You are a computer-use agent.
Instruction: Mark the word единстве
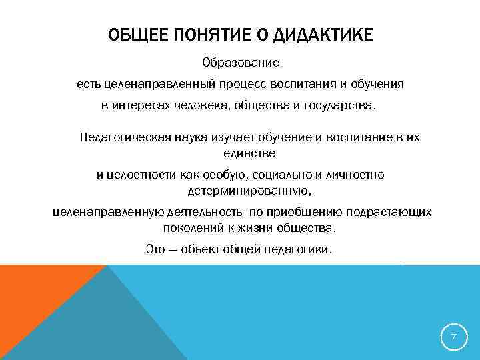pyautogui.click(x=249, y=153)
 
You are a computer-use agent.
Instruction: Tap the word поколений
pyautogui.click(x=190, y=227)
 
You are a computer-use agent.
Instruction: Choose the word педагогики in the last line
pyautogui.click(x=299, y=250)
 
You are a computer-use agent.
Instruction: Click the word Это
pyautogui.click(x=154, y=250)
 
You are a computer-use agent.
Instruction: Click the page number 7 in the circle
pyautogui.click(x=453, y=337)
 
